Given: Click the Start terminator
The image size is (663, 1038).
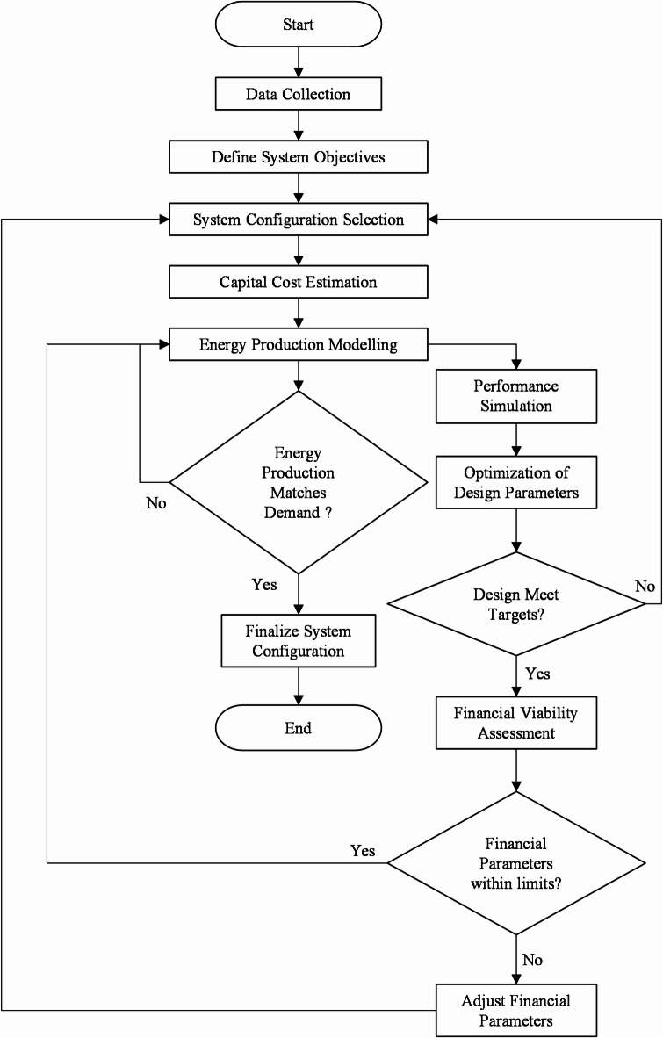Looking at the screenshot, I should pos(299,25).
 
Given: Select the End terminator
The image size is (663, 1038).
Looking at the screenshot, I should pos(299,728).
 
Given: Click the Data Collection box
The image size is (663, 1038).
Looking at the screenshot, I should pos(299,94).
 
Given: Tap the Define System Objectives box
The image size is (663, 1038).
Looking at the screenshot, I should pos(299,157).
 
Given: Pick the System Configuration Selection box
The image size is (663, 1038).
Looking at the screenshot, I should pos(299,220).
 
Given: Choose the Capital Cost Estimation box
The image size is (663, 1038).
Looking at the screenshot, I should pos(299,282).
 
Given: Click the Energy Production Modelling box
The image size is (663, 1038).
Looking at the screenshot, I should pos(299,345).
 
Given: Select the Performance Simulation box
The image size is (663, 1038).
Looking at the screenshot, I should pos(515,396).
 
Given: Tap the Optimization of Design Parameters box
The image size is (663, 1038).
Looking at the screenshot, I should pos(515,482).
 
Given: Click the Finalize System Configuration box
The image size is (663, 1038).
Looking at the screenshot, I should pos(299,641).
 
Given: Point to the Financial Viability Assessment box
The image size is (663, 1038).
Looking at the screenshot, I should pos(515,723).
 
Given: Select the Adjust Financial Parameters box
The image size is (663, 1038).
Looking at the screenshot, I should pos(515,1011).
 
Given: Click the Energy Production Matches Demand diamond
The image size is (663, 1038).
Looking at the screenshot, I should pos(299,482).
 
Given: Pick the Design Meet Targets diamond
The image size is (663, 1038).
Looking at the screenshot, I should pos(515,604).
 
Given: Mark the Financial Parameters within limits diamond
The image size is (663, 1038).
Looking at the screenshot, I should pos(515,863).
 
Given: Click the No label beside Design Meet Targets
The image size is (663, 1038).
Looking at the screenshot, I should pos(645,586).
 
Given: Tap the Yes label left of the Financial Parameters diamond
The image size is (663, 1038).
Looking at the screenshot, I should pos(363,850).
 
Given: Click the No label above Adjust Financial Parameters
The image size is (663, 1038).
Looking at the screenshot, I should pos(532,959).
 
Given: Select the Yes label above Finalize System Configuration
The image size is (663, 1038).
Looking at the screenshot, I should pos(264,585).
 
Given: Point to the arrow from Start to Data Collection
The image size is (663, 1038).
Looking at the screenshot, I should pos(299,59).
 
